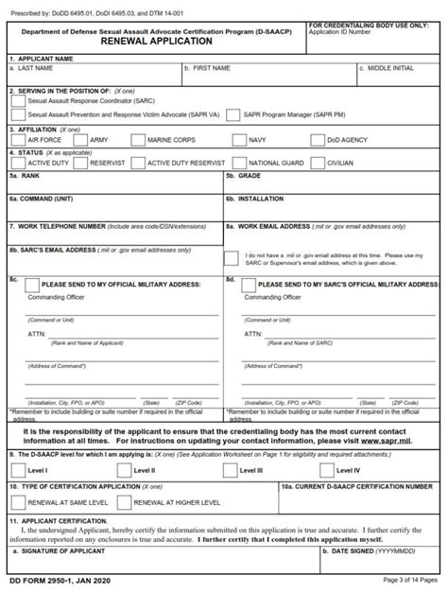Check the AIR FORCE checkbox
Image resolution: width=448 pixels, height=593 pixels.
click(16, 139)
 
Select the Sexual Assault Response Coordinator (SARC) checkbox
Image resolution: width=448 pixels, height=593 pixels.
click(16, 97)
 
